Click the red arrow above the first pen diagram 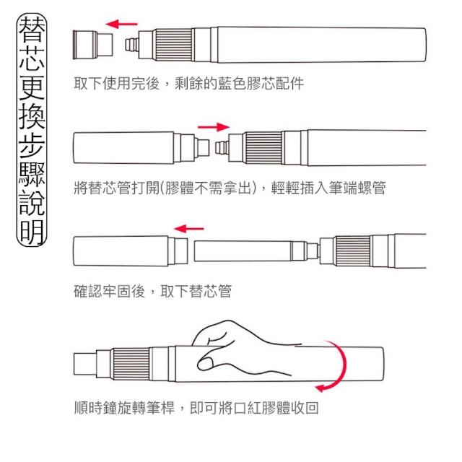point(121,24)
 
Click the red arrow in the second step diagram point(214,127)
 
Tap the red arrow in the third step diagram point(189,229)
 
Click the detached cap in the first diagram point(93,45)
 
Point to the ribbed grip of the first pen point(174,45)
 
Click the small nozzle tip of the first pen point(131,45)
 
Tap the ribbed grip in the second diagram point(263,147)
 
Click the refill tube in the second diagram point(141,147)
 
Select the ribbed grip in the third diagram point(353,251)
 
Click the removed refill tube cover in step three point(131,251)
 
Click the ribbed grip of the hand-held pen point(131,365)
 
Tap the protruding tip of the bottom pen point(85,364)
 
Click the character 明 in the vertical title point(32,232)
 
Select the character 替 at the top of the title point(32,28)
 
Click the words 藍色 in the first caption point(232,84)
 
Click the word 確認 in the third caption point(88,291)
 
